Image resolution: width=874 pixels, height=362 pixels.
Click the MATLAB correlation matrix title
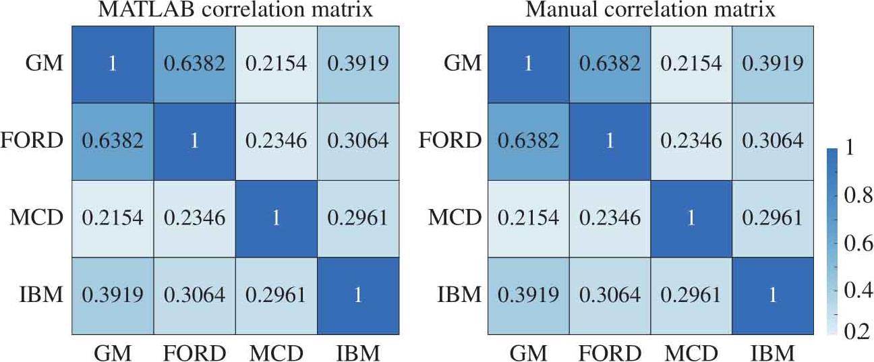point(235,10)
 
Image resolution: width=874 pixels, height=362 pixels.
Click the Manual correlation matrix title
point(651,10)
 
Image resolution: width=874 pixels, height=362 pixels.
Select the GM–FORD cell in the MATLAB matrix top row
point(194,64)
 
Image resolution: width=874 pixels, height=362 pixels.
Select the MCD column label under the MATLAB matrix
point(276,353)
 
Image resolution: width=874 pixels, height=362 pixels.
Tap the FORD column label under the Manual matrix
point(610,353)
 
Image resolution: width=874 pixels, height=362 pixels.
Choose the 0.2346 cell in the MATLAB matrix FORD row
point(276,142)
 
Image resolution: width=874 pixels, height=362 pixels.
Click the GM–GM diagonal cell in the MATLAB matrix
point(113,64)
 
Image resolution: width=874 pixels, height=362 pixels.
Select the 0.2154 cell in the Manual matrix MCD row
point(528,218)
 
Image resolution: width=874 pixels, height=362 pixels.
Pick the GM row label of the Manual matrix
point(464,64)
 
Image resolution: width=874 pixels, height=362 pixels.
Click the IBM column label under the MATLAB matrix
point(357,353)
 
